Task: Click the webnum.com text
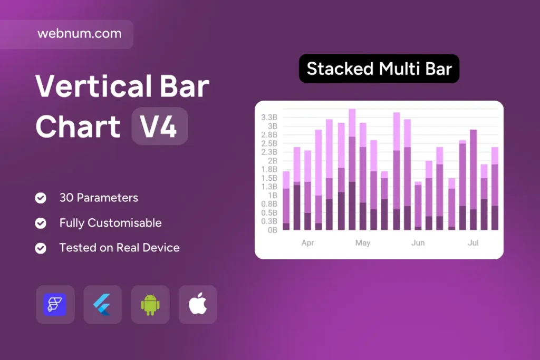tap(79, 34)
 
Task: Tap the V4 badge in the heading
tap(160, 126)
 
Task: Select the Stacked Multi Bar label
tap(379, 69)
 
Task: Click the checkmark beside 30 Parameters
tap(41, 198)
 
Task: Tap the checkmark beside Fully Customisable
tap(41, 223)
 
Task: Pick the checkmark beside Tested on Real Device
tap(41, 248)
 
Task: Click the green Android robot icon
tap(150, 305)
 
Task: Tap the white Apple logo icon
tap(198, 304)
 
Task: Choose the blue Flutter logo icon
tap(102, 305)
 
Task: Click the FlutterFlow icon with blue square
tap(55, 305)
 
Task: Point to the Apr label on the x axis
tap(307, 243)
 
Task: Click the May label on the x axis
tap(363, 243)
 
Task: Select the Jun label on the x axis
tap(418, 243)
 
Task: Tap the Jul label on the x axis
tap(473, 243)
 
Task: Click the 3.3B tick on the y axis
tap(269, 118)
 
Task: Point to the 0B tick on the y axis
tap(273, 230)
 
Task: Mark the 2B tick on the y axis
tap(273, 161)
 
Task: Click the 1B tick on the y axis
tap(273, 196)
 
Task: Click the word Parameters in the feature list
tap(107, 198)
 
